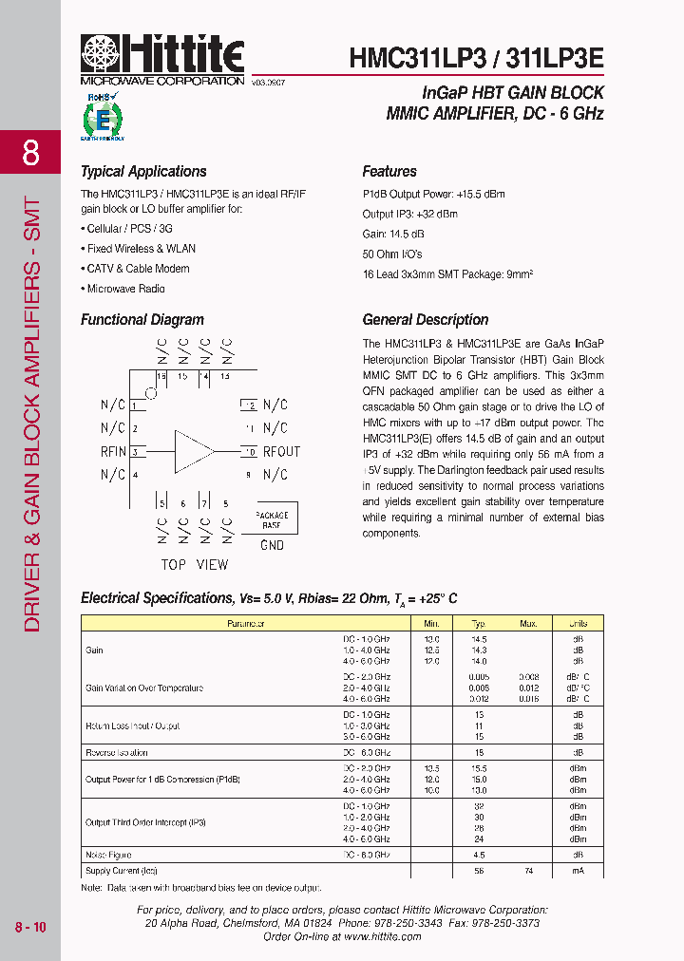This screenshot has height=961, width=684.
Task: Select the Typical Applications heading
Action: pos(143,172)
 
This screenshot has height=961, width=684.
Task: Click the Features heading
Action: pos(389,172)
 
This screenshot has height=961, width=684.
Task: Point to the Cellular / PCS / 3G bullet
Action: pos(129,229)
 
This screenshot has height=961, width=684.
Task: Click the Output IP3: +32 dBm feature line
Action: pos(409,215)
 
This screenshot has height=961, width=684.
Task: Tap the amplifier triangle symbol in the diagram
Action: pos(194,451)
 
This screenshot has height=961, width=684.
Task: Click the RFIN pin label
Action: pos(113,452)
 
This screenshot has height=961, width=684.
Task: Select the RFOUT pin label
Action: pos(281,452)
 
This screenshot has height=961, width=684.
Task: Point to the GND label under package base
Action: pos(272,545)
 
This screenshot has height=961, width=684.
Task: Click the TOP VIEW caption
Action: pos(194,565)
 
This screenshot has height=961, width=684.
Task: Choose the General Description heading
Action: pos(426,320)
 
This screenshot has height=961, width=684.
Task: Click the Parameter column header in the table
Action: pos(245,624)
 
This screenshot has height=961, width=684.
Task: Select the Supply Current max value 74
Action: pos(529,870)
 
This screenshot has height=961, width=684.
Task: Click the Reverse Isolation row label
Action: pos(117,752)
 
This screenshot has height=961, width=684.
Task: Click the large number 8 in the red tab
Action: pos(30,153)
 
